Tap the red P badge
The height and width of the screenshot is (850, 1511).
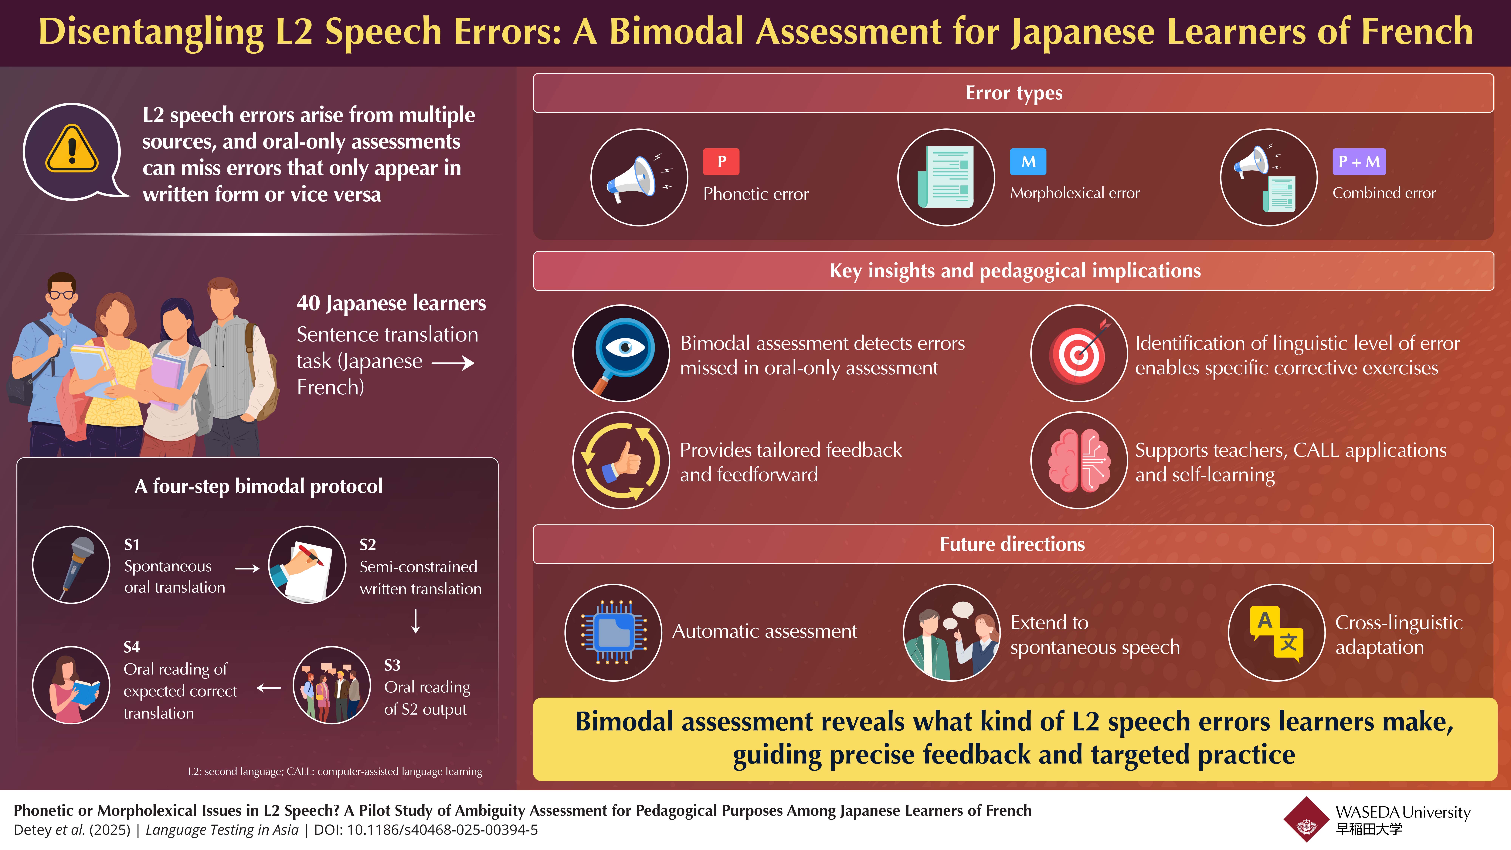click(721, 161)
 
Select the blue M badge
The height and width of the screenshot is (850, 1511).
click(1028, 161)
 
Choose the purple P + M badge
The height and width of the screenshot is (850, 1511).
click(1359, 161)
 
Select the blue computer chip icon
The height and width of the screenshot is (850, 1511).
click(613, 632)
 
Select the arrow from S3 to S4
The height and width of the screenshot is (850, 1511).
click(269, 688)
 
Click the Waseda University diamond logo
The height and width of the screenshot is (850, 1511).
click(1306, 820)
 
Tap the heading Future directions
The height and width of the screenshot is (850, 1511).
click(1012, 544)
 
